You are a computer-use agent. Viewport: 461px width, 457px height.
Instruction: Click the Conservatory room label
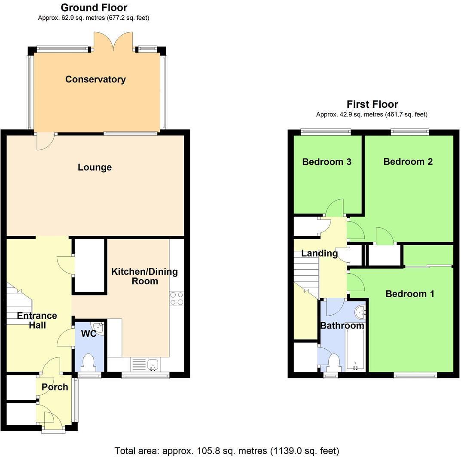tap(95, 79)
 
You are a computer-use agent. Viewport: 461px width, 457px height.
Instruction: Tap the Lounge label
tap(95, 168)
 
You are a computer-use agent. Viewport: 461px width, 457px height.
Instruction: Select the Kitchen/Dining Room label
tap(144, 276)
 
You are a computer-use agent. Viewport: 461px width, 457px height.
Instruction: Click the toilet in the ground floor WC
tap(89, 362)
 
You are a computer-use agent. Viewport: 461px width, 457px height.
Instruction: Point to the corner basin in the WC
tap(100, 327)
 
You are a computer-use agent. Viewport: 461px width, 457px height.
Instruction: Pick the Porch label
tap(55, 387)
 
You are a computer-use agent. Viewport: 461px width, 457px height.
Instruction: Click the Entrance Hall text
tap(37, 320)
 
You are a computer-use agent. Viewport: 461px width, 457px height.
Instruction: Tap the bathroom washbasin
tap(360, 311)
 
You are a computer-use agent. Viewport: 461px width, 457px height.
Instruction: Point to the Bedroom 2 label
tap(408, 161)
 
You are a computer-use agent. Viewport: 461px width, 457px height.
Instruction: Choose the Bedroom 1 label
tap(409, 294)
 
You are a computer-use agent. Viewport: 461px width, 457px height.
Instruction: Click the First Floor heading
tap(372, 104)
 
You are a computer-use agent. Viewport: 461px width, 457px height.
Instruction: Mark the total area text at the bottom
tap(227, 451)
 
